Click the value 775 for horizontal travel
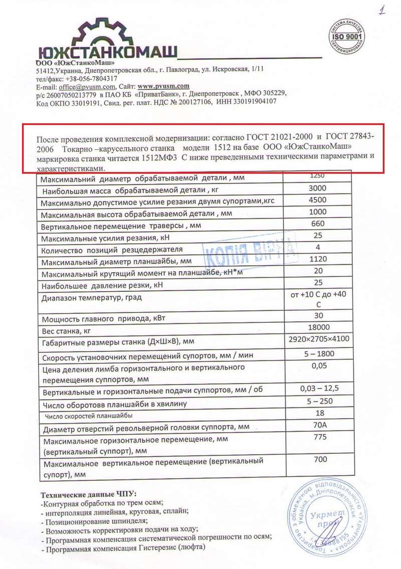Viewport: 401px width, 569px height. click(318, 437)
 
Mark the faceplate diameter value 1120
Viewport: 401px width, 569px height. click(317, 259)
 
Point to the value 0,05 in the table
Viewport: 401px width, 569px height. click(318, 366)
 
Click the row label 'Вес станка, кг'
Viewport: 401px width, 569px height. click(68, 331)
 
